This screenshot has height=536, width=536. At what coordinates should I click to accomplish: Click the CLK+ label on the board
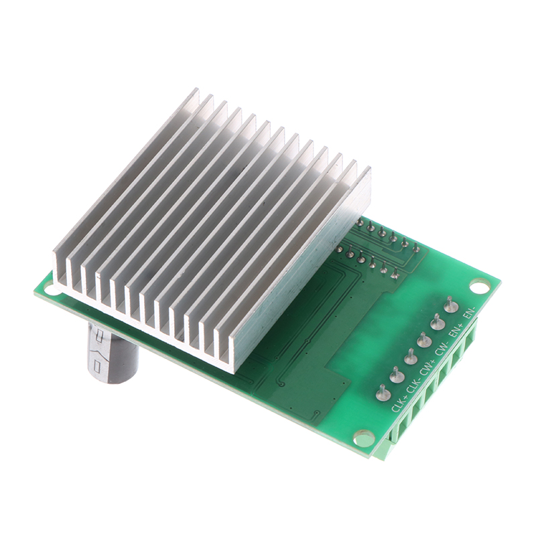click(x=399, y=403)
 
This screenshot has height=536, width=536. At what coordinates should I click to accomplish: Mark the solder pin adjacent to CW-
click(x=424, y=340)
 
